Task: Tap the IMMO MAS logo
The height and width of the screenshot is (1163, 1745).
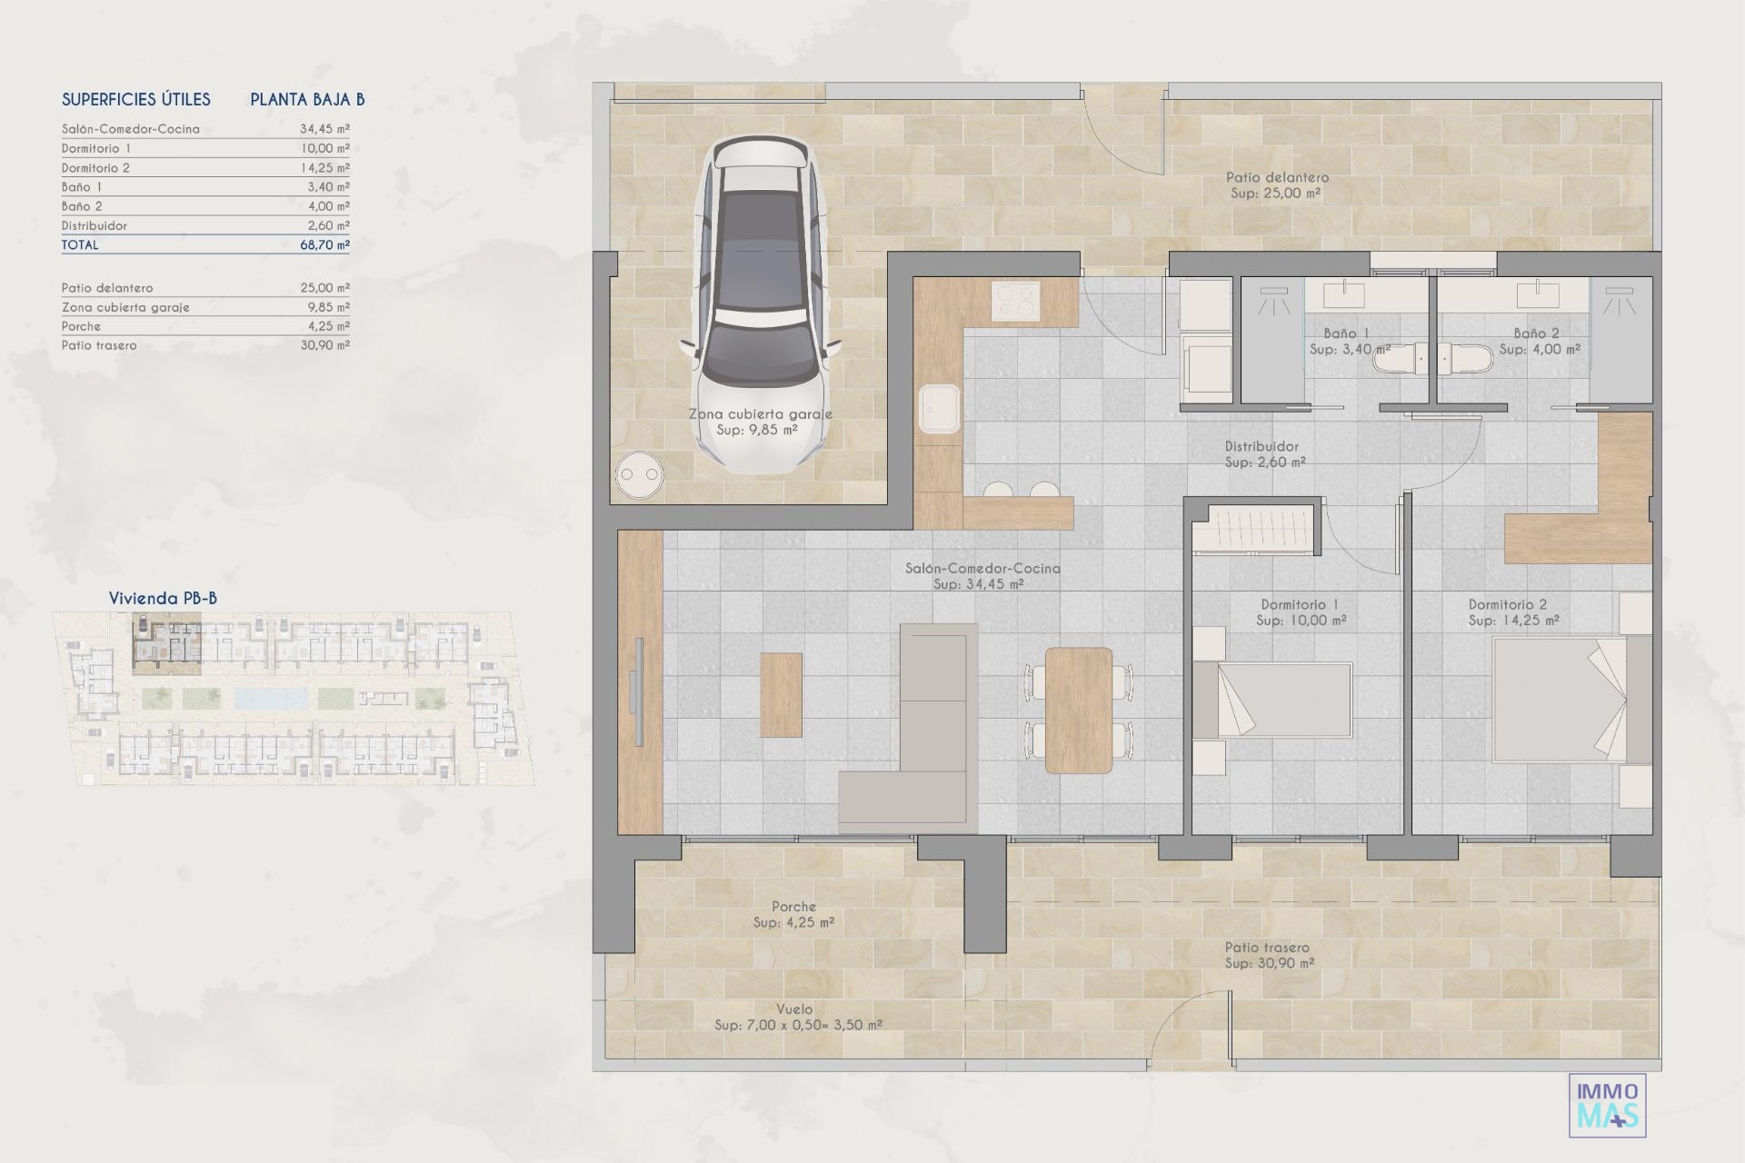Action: coord(1608,1105)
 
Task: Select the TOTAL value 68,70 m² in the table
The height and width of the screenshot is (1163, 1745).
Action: coord(324,244)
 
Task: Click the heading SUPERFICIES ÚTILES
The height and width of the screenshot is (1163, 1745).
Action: coord(136,99)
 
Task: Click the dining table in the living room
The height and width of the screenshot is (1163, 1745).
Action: coord(1079,710)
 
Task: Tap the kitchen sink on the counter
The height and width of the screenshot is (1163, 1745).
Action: coord(940,409)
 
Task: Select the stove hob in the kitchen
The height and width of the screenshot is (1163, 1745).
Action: coord(1015,301)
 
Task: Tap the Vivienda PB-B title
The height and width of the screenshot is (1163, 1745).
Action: coord(163,598)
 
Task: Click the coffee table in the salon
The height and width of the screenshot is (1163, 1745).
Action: coord(782,695)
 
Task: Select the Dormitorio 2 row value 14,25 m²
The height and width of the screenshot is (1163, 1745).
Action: coord(324,167)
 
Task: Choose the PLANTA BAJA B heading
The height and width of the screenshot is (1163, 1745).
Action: coord(307,99)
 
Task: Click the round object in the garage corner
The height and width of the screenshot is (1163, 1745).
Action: coord(638,473)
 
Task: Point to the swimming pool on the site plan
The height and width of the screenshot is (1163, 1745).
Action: coord(271,698)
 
